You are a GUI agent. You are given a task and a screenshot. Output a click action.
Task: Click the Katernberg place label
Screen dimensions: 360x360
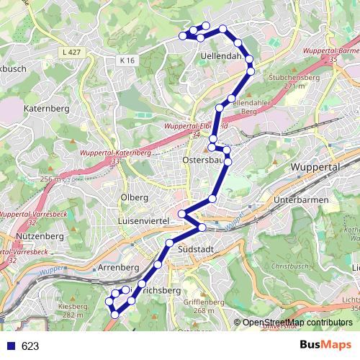[44, 109]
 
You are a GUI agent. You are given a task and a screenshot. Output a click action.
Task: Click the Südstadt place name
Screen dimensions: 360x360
[193, 249]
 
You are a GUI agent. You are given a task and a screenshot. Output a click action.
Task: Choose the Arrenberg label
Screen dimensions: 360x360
[117, 267]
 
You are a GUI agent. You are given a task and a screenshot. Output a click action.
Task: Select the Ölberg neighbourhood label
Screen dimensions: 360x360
[135, 197]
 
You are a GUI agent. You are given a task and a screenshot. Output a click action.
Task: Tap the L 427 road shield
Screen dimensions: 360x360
[72, 53]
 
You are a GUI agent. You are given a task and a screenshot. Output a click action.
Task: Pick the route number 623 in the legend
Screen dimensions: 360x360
[30, 346]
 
